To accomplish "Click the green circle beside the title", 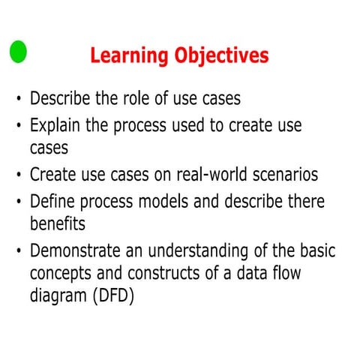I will point(18,52).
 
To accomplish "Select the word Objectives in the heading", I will point(220,55).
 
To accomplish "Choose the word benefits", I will point(58,224).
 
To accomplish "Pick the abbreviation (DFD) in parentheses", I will point(115,296).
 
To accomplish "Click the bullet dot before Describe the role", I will point(18,100).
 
